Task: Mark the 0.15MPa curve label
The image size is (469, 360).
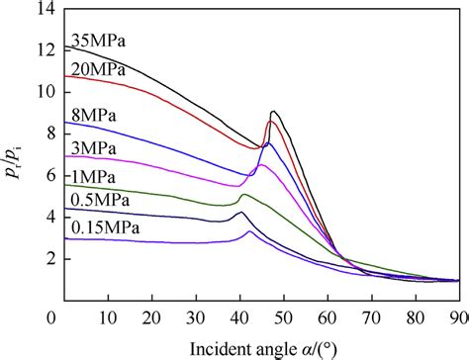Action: [x=105, y=228]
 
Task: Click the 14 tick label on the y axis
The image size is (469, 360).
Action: [x=46, y=9]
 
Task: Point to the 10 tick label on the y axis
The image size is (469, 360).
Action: [x=46, y=92]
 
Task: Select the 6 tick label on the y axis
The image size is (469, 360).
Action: [x=49, y=176]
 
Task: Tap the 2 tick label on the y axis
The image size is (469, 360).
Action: [x=49, y=259]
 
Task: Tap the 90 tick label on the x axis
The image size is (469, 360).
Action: [x=457, y=317]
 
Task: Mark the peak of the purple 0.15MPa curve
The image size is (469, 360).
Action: [x=249, y=231]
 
